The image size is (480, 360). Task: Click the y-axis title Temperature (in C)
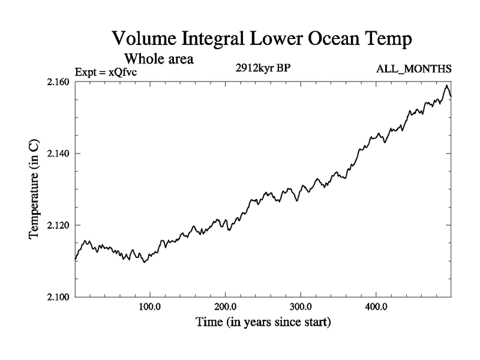pyautogui.click(x=35, y=189)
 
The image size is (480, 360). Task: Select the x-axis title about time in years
pyautogui.click(x=263, y=322)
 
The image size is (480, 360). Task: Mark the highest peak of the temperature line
pyautogui.click(x=446, y=86)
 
